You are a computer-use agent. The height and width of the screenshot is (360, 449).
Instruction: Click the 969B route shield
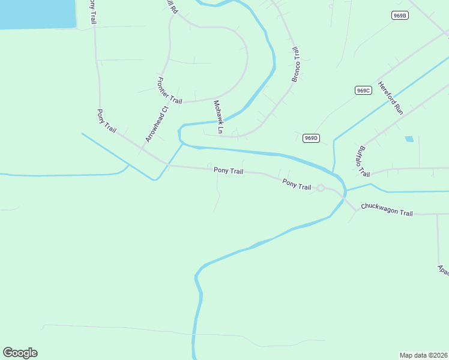pyautogui.click(x=400, y=16)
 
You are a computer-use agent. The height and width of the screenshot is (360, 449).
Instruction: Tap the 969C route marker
pyautogui.click(x=363, y=90)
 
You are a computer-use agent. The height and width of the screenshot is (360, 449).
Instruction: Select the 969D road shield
pyautogui.click(x=310, y=138)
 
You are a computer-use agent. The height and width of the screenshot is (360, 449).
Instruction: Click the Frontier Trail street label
pyautogui.click(x=169, y=91)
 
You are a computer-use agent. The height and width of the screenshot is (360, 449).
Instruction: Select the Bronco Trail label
pyautogui.click(x=296, y=64)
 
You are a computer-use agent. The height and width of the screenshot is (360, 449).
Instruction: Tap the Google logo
pyautogui.click(x=20, y=353)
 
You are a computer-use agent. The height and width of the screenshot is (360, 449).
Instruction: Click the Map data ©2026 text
pyautogui.click(x=423, y=355)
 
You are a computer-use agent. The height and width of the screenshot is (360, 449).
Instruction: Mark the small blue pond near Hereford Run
pyautogui.click(x=409, y=139)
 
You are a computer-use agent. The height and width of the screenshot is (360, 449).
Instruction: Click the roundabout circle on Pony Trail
pyautogui.click(x=321, y=188)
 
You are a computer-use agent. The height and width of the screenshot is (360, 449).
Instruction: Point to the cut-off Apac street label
pyautogui.click(x=443, y=270)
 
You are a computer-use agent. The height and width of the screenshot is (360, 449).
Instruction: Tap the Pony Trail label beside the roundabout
pyautogui.click(x=297, y=185)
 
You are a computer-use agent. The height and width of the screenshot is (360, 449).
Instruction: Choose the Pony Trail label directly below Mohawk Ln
pyautogui.click(x=228, y=171)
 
